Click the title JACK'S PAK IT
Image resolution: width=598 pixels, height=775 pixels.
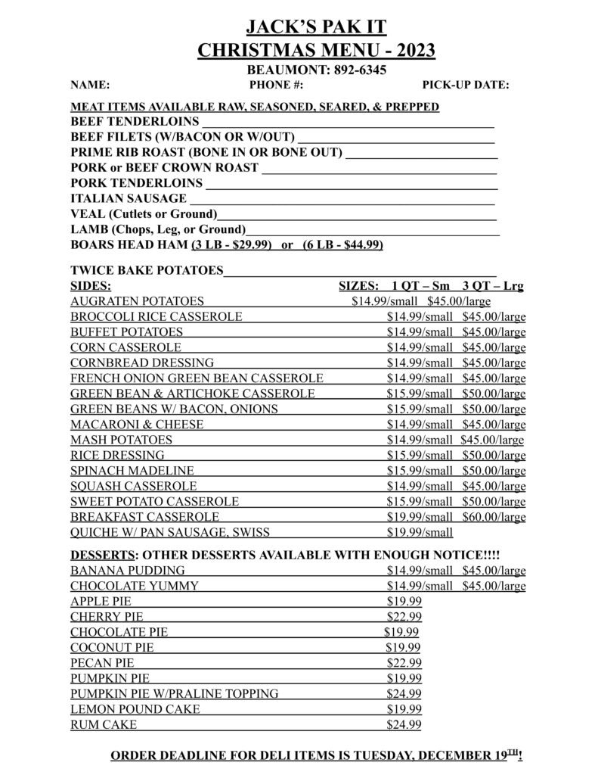tap(316, 28)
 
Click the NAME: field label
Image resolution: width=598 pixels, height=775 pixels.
tap(90, 85)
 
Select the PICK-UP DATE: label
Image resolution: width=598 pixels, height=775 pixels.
tap(465, 85)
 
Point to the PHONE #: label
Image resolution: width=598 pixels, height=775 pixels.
tap(276, 85)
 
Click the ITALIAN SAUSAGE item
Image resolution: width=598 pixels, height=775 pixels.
tap(129, 198)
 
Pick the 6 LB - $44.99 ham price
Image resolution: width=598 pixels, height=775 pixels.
tap(342, 244)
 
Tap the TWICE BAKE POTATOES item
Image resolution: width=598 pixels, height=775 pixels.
tap(147, 270)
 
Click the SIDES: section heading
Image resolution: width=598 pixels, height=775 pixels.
tap(91, 286)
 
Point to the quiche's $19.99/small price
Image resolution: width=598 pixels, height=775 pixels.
tap(420, 532)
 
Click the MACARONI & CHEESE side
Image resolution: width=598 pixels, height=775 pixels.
tap(137, 425)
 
